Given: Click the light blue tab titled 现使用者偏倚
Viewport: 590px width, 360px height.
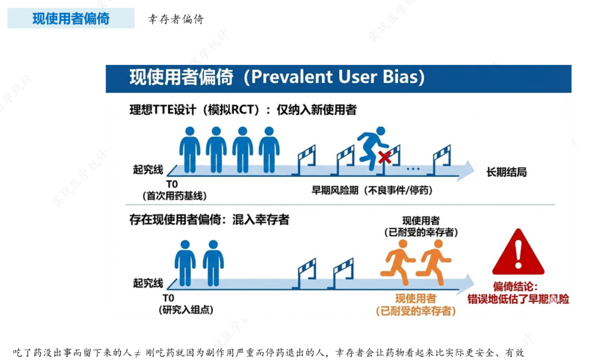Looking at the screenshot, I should [70, 19].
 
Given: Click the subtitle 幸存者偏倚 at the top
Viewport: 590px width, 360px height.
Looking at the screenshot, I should [176, 19].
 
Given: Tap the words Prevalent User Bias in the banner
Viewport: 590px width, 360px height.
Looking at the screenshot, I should [334, 77].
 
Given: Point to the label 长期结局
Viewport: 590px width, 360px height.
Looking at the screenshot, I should [506, 173].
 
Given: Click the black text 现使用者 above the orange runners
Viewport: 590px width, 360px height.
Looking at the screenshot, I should [421, 220].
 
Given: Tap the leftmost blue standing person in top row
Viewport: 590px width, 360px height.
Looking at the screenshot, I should [190, 149].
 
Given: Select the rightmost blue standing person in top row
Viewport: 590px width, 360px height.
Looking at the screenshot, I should [269, 149].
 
